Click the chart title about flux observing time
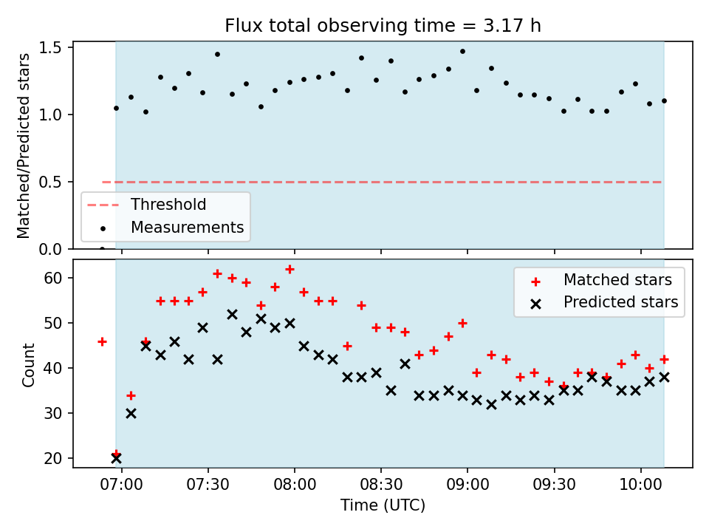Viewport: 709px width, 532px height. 383,25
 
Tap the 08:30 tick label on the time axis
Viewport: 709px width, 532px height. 381,485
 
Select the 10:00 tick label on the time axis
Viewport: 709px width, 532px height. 640,485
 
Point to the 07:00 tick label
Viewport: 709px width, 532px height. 121,485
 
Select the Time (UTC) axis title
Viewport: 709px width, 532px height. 383,505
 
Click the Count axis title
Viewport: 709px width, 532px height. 28,364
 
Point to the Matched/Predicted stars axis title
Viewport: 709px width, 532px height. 23,146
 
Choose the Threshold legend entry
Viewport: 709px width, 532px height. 146,205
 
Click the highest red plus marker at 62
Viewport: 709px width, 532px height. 290,269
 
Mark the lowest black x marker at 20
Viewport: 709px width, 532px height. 116,458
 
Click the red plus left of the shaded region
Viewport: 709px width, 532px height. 102,341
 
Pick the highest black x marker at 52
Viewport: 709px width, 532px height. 232,315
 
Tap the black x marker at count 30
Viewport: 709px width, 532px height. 131,414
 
